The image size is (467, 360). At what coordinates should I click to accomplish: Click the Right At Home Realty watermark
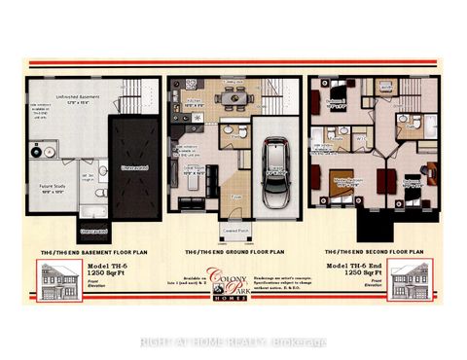pyautogui.click(x=233, y=341)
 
